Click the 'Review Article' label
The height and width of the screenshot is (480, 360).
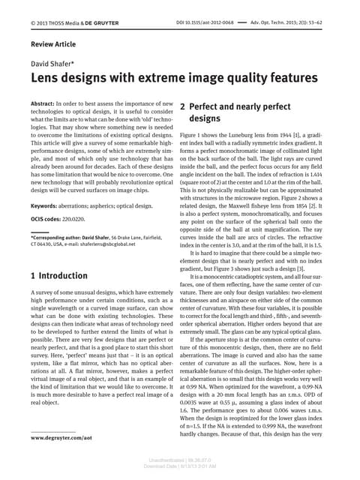pyautogui.click(x=53, y=44)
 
